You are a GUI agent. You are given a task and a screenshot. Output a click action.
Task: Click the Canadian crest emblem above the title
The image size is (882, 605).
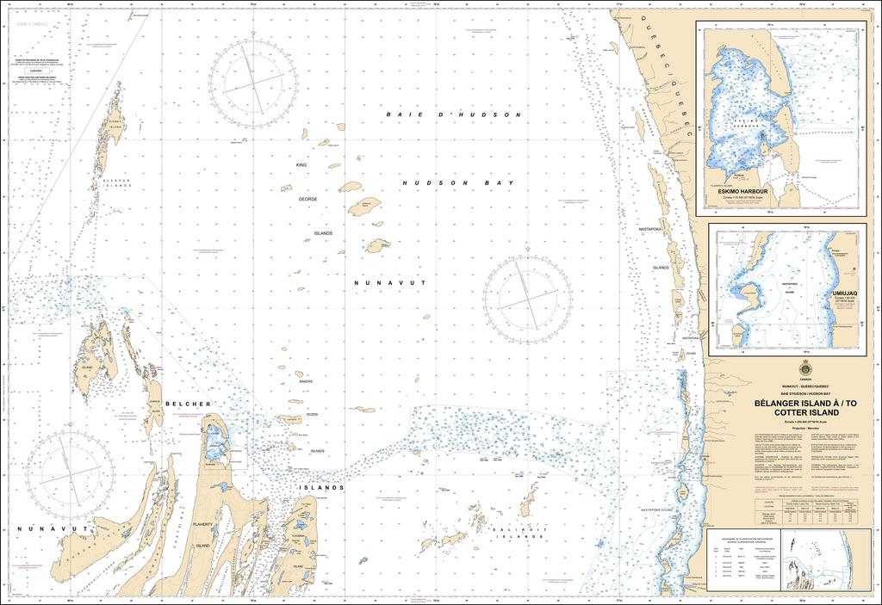(x=804, y=367)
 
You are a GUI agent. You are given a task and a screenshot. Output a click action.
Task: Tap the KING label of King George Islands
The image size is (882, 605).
(x=301, y=164)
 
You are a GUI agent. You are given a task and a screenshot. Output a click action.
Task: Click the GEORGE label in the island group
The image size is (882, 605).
(x=307, y=199)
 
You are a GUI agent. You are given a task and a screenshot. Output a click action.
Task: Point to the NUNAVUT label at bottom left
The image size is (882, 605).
(x=40, y=529)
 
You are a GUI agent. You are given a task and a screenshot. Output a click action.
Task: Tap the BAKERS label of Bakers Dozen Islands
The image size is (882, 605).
(x=306, y=380)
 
